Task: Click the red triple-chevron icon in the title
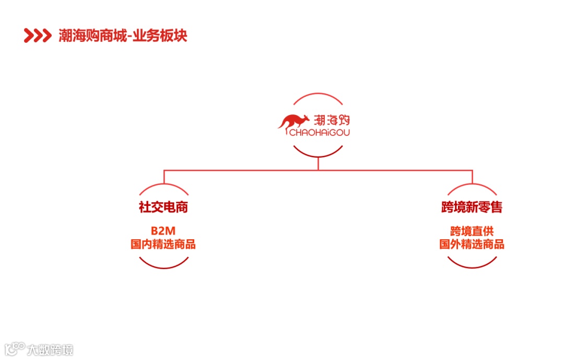(38, 36)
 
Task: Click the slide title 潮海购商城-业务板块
(123, 36)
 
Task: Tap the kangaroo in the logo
(294, 122)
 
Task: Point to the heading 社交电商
(163, 207)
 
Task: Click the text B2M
(163, 231)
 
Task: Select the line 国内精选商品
(163, 244)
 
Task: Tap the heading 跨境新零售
(472, 207)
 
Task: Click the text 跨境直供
(472, 231)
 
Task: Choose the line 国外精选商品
(472, 244)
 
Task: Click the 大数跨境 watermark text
(51, 349)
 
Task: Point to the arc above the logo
(318, 94)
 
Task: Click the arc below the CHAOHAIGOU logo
(318, 156)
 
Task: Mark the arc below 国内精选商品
(163, 267)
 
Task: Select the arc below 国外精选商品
(472, 267)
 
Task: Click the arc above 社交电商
(163, 185)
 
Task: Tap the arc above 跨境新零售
(472, 185)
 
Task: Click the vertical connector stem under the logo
(318, 164)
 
